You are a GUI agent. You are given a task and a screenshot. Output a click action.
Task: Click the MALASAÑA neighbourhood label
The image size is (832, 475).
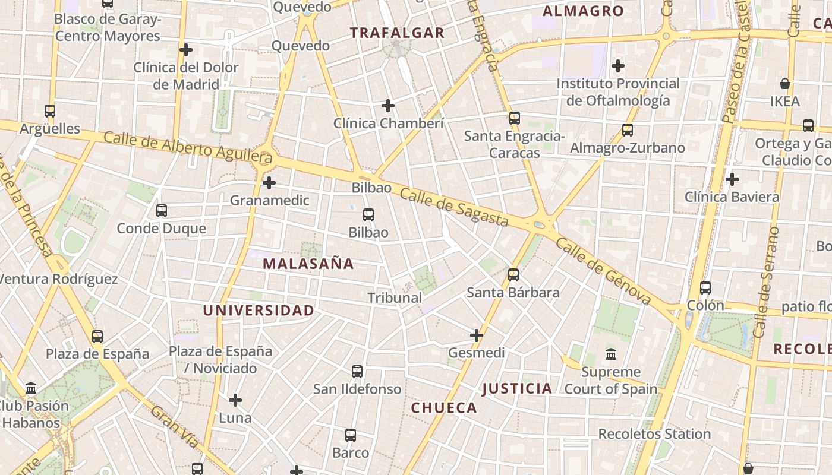click(308, 264)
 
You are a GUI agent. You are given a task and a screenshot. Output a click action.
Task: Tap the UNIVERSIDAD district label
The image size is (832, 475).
click(259, 310)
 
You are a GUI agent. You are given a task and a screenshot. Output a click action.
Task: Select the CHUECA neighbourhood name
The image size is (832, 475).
click(444, 408)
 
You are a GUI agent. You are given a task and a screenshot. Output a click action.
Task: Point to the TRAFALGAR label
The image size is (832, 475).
click(397, 33)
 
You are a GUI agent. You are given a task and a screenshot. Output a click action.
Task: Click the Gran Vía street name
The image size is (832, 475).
click(174, 426)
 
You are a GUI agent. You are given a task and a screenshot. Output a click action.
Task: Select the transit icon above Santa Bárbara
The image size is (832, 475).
click(513, 275)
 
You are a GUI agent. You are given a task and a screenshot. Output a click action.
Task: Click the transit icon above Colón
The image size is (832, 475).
click(705, 288)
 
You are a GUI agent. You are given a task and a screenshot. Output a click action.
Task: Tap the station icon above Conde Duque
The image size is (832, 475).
click(162, 210)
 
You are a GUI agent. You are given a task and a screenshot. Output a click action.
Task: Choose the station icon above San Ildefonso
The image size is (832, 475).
click(357, 372)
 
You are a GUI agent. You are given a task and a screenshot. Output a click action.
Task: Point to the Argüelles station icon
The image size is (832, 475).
click(50, 110)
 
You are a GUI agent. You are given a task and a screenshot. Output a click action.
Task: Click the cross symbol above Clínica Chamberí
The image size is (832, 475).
click(388, 106)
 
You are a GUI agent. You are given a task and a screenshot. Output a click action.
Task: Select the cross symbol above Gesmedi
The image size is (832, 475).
click(477, 335)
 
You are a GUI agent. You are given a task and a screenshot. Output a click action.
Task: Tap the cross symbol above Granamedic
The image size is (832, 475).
click(269, 182)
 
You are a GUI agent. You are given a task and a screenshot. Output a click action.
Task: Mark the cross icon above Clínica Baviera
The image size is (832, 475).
click(732, 179)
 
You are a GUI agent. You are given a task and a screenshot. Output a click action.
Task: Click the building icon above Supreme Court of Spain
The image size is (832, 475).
click(611, 354)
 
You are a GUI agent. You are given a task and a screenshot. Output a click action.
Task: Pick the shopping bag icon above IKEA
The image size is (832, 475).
click(785, 84)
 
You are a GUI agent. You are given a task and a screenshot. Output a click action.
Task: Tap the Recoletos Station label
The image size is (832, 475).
click(654, 434)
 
